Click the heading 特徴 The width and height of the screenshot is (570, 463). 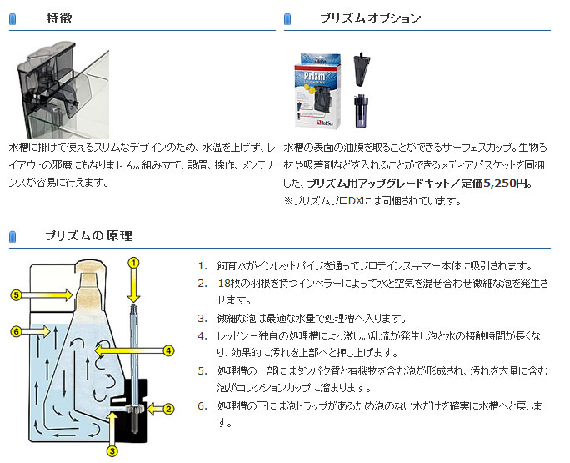click(x=59, y=18)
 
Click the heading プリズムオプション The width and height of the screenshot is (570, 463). click(x=371, y=18)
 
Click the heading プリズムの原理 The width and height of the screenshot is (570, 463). click(x=88, y=235)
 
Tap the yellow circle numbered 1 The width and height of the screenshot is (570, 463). click(x=134, y=263)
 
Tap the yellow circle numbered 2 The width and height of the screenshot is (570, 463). click(x=168, y=409)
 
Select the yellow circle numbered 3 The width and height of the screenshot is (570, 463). click(x=112, y=451)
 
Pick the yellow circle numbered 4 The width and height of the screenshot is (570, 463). click(x=168, y=351)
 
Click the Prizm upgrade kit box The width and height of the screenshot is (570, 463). click(x=317, y=91)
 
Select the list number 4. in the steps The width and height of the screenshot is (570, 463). click(x=202, y=335)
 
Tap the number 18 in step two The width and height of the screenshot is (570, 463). click(x=223, y=283)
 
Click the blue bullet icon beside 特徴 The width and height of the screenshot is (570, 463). click(x=12, y=18)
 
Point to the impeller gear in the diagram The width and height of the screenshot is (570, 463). click(x=134, y=409)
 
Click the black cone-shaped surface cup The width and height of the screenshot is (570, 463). click(x=362, y=69)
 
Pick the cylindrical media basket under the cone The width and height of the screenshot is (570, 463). click(x=362, y=111)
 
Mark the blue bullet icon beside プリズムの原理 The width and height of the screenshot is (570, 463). click(x=12, y=236)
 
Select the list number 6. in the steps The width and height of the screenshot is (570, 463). click(x=202, y=405)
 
